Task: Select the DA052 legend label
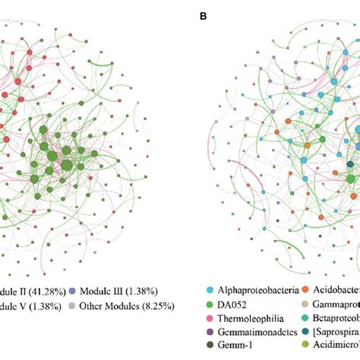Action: pos(235,305)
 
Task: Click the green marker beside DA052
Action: pos(210,305)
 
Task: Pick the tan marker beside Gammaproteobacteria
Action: pos(305,305)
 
